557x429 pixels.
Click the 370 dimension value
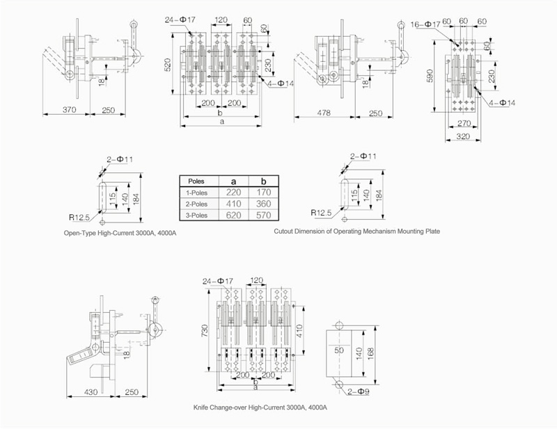69,110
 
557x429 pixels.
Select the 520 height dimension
167,65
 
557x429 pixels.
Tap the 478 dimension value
324,113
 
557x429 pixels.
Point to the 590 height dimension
430,76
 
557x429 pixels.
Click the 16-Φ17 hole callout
425,24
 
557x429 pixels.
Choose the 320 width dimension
463,136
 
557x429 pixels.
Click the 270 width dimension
464,123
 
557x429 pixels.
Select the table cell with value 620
233,215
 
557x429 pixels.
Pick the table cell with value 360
263,204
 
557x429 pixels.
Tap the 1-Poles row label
196,193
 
